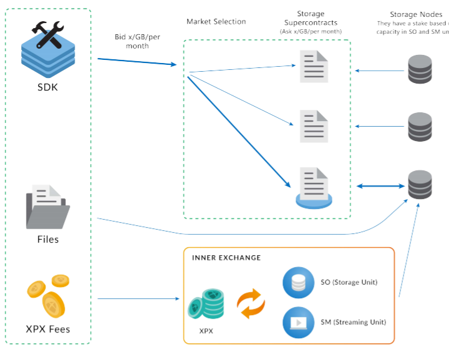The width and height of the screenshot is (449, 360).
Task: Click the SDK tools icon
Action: (x=47, y=47)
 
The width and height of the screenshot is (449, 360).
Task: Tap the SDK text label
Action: (x=47, y=87)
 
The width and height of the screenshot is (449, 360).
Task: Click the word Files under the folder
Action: (x=47, y=240)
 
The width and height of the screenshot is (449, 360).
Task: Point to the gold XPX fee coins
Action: (x=48, y=295)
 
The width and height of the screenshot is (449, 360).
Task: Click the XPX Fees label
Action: (x=48, y=329)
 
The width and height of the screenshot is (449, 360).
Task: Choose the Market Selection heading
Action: (x=216, y=22)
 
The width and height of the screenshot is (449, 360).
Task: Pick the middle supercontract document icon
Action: (x=314, y=126)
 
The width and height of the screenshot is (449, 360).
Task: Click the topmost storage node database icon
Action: (x=420, y=69)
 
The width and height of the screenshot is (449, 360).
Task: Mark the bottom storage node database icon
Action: (x=420, y=184)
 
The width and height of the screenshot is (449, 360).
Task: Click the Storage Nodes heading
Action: (x=416, y=14)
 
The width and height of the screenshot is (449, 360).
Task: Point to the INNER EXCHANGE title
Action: (x=226, y=258)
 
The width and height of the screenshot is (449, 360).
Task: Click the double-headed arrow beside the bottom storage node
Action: (x=380, y=186)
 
